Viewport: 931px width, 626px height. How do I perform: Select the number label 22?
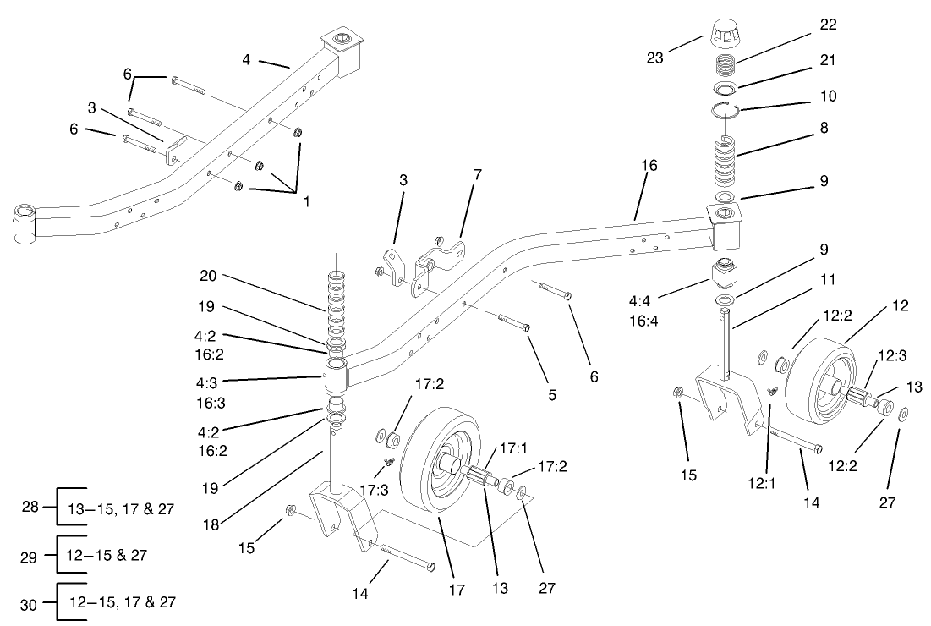click(x=828, y=25)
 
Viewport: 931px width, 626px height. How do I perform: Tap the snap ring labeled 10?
click(x=726, y=111)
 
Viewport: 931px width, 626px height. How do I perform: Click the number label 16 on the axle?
click(x=649, y=165)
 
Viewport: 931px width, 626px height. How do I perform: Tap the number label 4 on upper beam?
click(x=246, y=59)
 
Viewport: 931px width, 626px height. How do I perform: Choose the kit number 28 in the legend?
click(x=30, y=507)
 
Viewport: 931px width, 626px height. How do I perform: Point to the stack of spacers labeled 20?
click(x=337, y=305)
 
